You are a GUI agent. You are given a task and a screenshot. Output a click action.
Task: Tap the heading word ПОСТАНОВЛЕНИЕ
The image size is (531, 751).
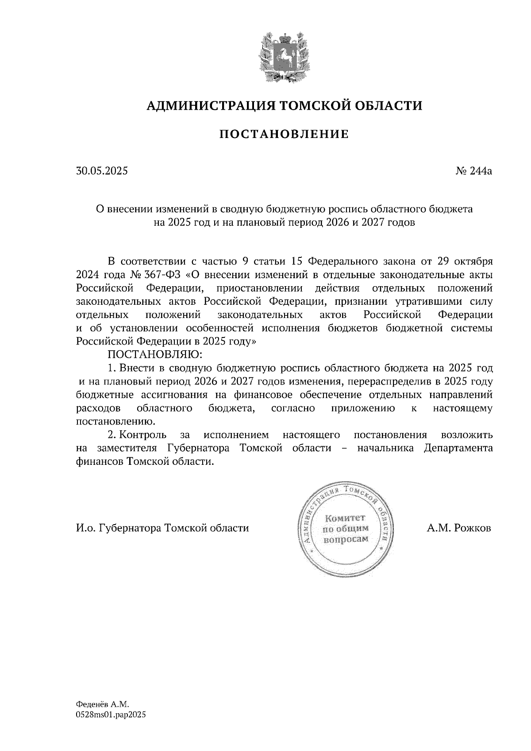point(284,134)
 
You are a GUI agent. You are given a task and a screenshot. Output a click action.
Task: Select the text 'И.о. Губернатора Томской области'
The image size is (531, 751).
point(162,528)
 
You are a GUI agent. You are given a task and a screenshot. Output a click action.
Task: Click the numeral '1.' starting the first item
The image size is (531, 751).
point(112,368)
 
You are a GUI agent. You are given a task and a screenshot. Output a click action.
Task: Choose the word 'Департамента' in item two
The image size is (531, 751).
point(458,448)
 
